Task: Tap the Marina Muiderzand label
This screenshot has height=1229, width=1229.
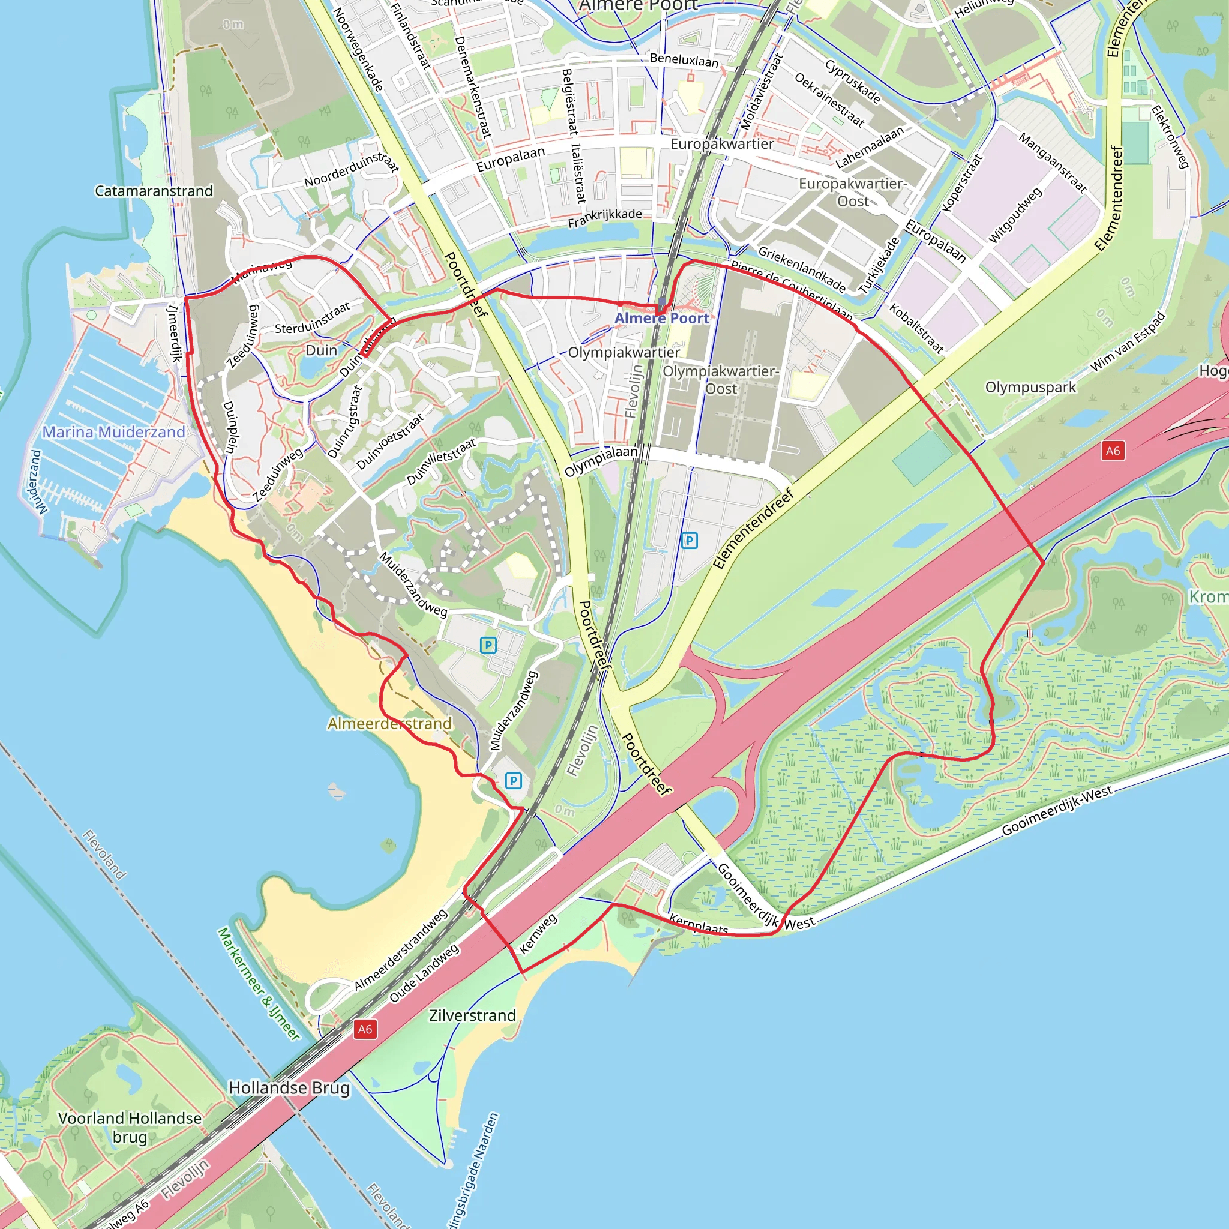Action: pos(114,432)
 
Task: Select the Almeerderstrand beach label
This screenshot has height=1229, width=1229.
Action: pos(389,723)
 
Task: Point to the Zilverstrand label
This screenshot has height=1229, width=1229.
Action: pos(472,1015)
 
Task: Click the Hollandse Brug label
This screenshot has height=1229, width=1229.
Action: pos(289,1088)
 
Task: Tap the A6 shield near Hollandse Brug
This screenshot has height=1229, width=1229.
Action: pos(364,1029)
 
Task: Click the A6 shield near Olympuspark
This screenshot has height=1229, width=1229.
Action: pos(1112,451)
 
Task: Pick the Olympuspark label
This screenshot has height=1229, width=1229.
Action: pos(1030,387)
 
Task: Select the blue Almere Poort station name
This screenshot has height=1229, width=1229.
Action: pos(661,318)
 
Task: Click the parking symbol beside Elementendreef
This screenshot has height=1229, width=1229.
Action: pos(689,541)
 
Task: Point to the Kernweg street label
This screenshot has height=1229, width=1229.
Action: pos(538,933)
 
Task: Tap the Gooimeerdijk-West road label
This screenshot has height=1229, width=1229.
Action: pos(1057,809)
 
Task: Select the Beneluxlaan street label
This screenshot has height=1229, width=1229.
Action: pos(684,61)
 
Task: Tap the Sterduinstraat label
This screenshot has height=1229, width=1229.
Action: pos(312,317)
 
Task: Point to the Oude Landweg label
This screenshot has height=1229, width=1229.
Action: pos(424,973)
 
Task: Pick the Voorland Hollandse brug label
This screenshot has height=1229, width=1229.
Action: pos(130,1127)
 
